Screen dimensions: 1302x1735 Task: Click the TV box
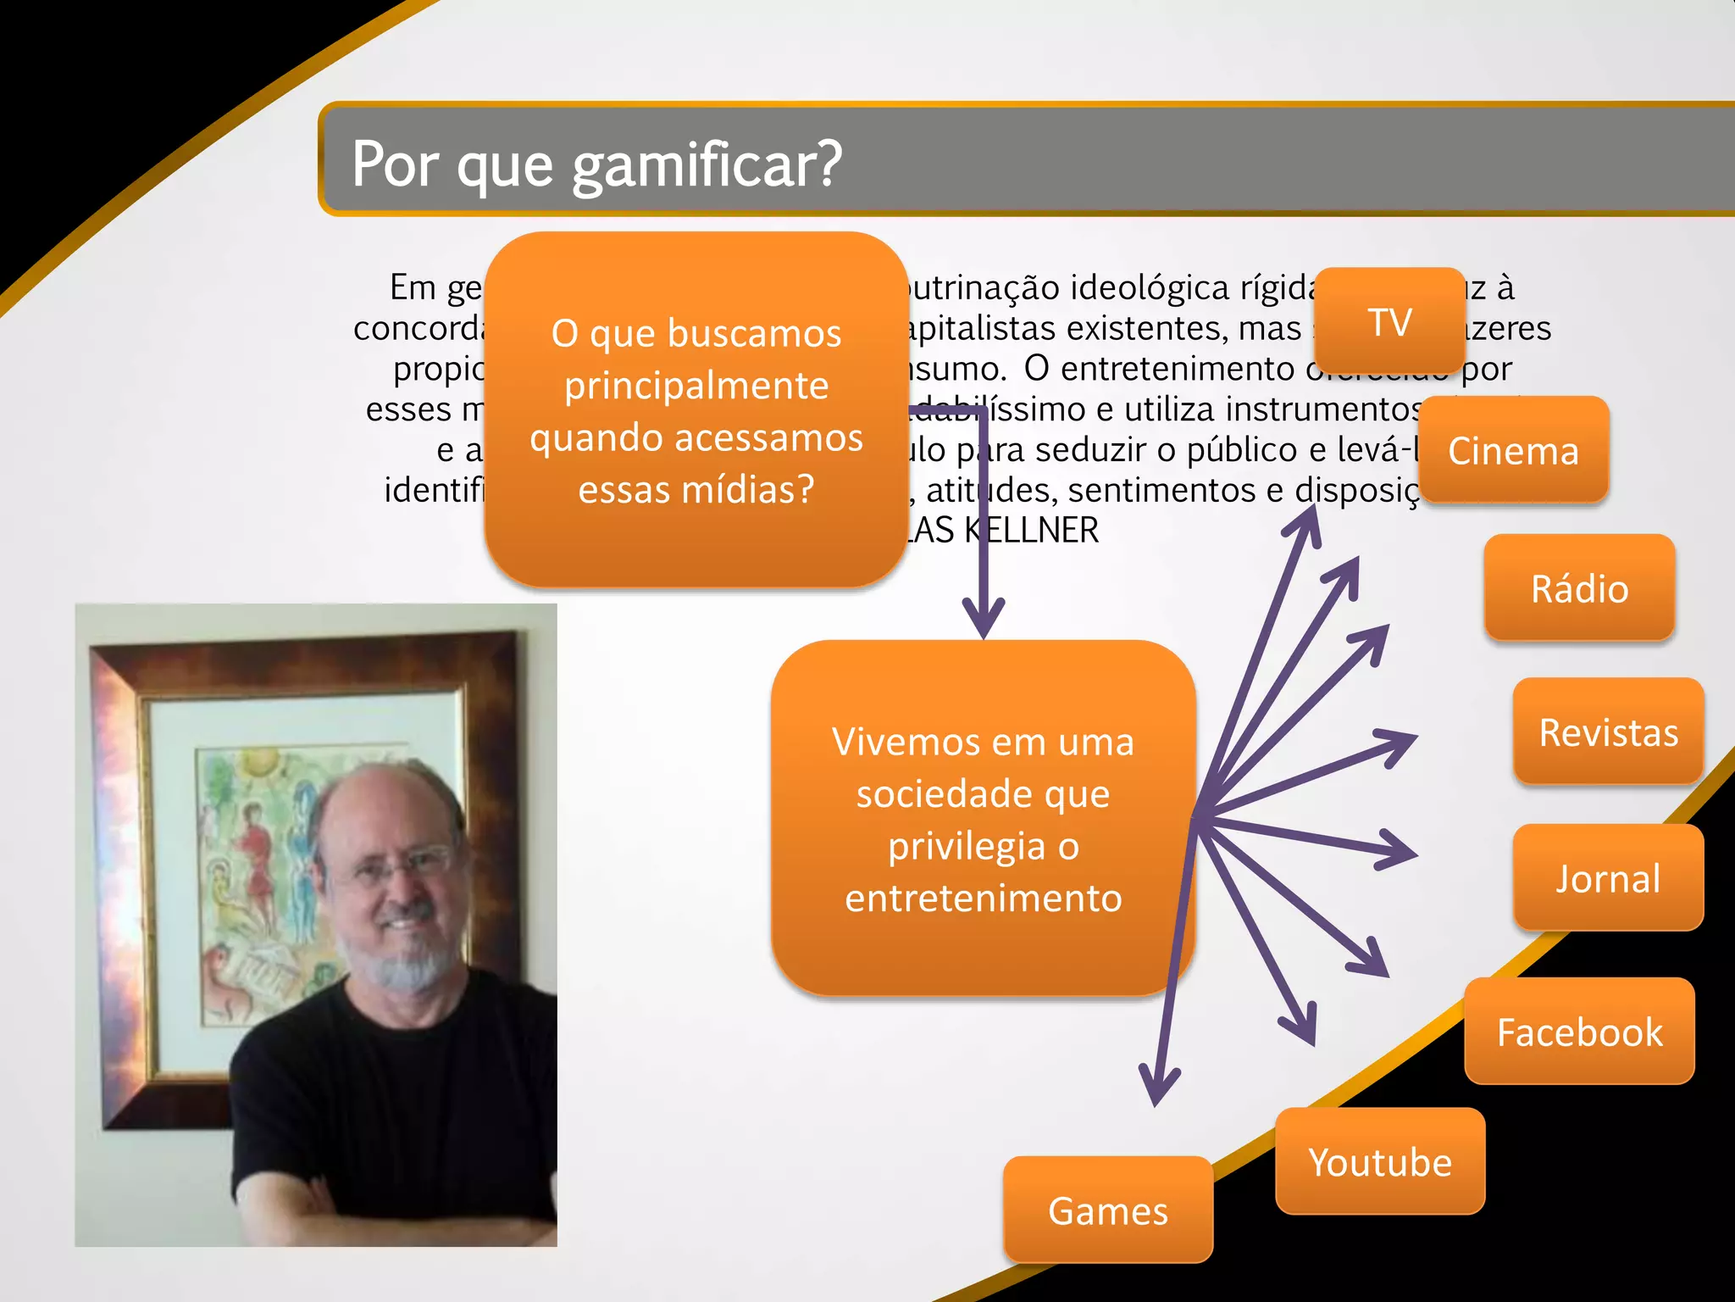1390,321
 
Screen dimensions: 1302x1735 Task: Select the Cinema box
1513,450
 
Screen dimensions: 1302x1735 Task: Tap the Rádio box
1579,588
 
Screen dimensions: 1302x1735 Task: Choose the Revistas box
1608,732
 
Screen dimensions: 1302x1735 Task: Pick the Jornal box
1607,878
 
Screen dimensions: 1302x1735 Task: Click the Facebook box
1579,1032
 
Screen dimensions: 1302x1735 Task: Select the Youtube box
1379,1161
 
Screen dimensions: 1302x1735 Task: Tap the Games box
1107,1210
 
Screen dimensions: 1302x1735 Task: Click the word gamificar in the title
707,164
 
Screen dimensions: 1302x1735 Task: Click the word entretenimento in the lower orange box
983,898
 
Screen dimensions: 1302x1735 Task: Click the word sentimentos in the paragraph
1177,490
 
